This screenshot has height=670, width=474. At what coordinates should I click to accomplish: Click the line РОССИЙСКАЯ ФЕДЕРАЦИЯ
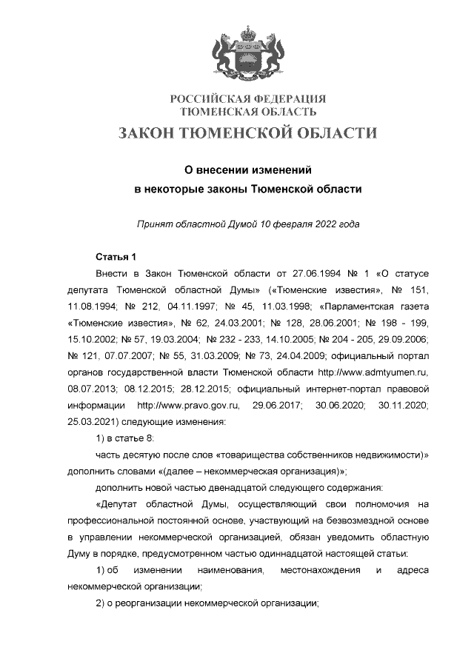[x=248, y=99]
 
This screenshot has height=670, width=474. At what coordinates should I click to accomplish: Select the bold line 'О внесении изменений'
[x=247, y=169]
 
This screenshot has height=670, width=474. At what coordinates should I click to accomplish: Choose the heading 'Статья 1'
[x=116, y=257]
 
